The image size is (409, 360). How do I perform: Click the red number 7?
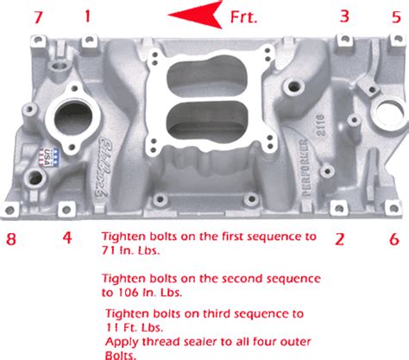[36, 16]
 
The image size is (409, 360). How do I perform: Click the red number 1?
[87, 16]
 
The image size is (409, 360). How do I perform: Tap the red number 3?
[344, 16]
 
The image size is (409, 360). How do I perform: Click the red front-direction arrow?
[195, 15]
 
